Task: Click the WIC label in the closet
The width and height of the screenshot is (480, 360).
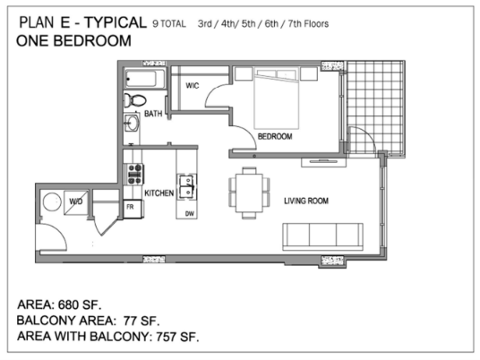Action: (193, 86)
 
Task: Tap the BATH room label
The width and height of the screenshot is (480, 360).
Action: (153, 114)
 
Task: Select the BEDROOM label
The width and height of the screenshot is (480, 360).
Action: (275, 136)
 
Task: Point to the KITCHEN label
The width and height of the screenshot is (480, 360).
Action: (159, 193)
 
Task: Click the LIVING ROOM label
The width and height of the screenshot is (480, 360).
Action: (306, 201)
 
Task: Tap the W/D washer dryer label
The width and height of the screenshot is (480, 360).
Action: (75, 201)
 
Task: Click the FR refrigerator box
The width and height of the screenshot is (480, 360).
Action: (133, 209)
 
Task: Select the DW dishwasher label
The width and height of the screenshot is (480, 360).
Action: (190, 214)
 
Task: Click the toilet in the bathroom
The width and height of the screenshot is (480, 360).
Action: (135, 100)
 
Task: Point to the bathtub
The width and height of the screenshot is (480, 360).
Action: (145, 79)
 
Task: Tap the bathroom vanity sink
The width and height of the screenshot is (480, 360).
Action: (132, 124)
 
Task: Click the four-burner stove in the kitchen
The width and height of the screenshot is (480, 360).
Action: (134, 175)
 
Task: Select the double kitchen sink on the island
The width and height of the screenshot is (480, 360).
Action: (186, 187)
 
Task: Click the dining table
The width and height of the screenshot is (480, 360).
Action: (249, 193)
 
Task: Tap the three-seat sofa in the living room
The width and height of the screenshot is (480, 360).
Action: (322, 237)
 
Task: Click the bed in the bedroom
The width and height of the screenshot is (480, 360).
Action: (277, 98)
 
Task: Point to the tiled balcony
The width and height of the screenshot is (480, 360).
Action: (375, 107)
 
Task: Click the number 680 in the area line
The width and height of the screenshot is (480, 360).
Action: (68, 304)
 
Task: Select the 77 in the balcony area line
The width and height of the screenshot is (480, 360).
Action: (130, 321)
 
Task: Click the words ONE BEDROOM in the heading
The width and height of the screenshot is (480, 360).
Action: (73, 41)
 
